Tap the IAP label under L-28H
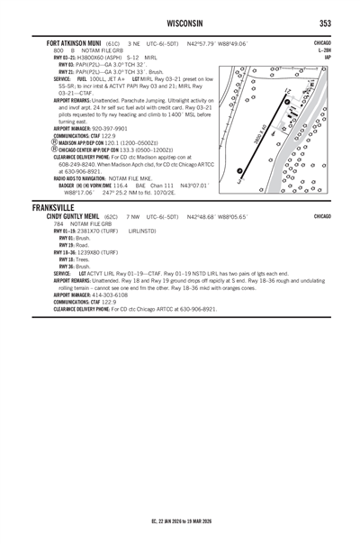326,57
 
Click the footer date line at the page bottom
180,521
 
